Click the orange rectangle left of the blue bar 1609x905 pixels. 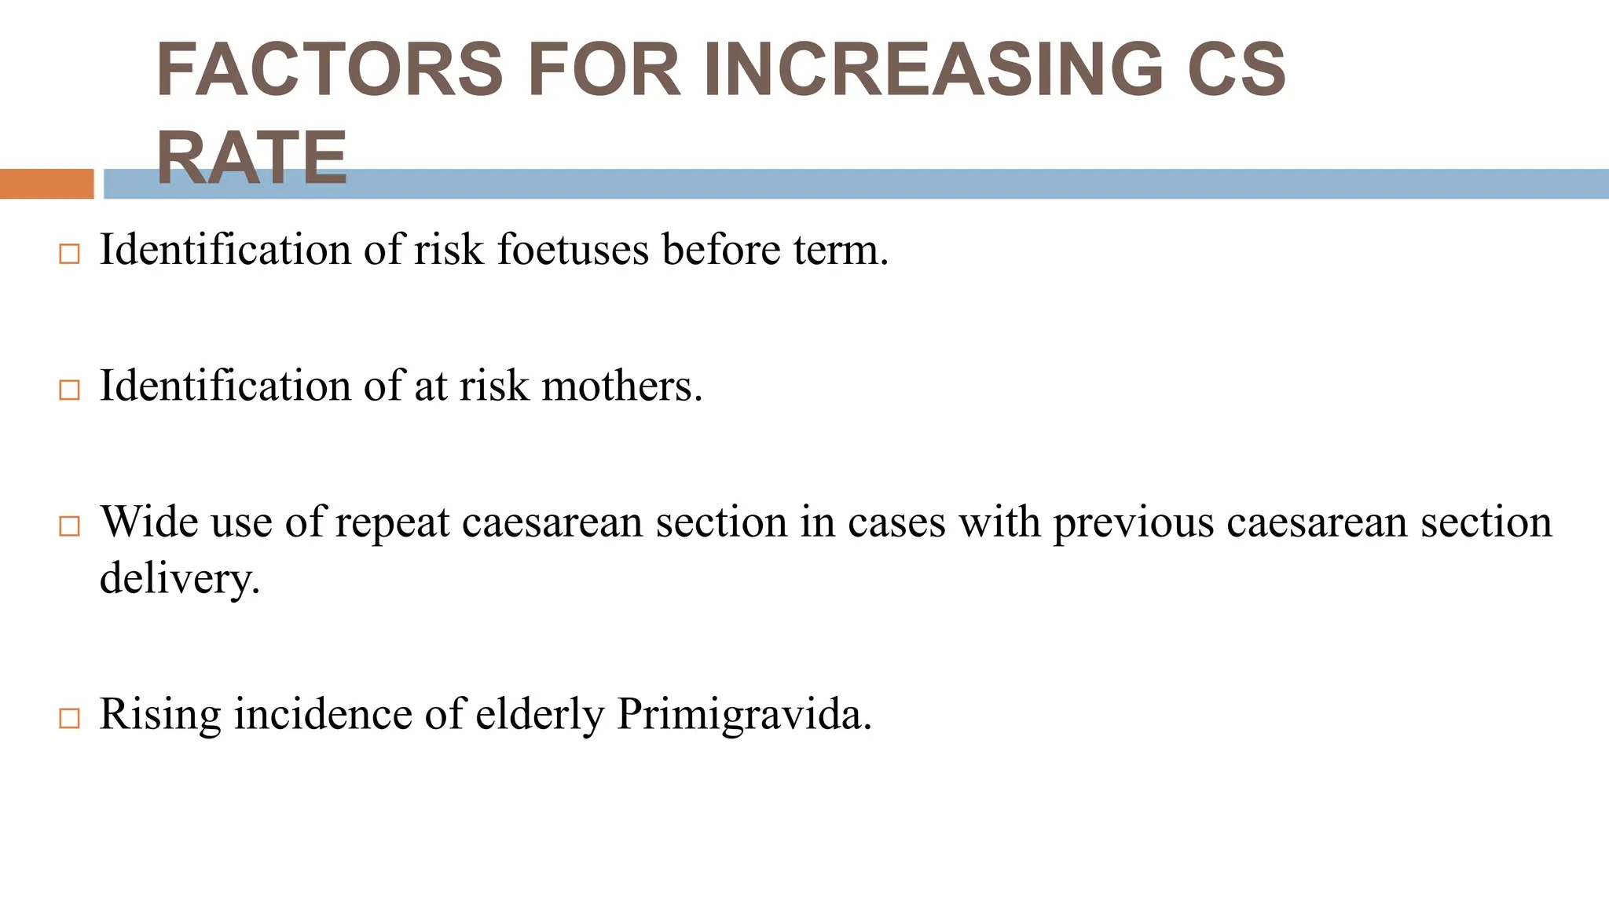[x=46, y=184]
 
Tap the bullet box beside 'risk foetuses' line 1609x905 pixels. [x=69, y=254]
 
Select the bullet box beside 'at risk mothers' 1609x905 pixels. [x=69, y=390]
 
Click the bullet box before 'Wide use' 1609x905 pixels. [x=69, y=526]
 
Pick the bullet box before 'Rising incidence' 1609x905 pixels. [x=69, y=718]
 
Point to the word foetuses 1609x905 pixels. [x=573, y=250]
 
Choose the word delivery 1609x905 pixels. [x=179, y=579]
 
